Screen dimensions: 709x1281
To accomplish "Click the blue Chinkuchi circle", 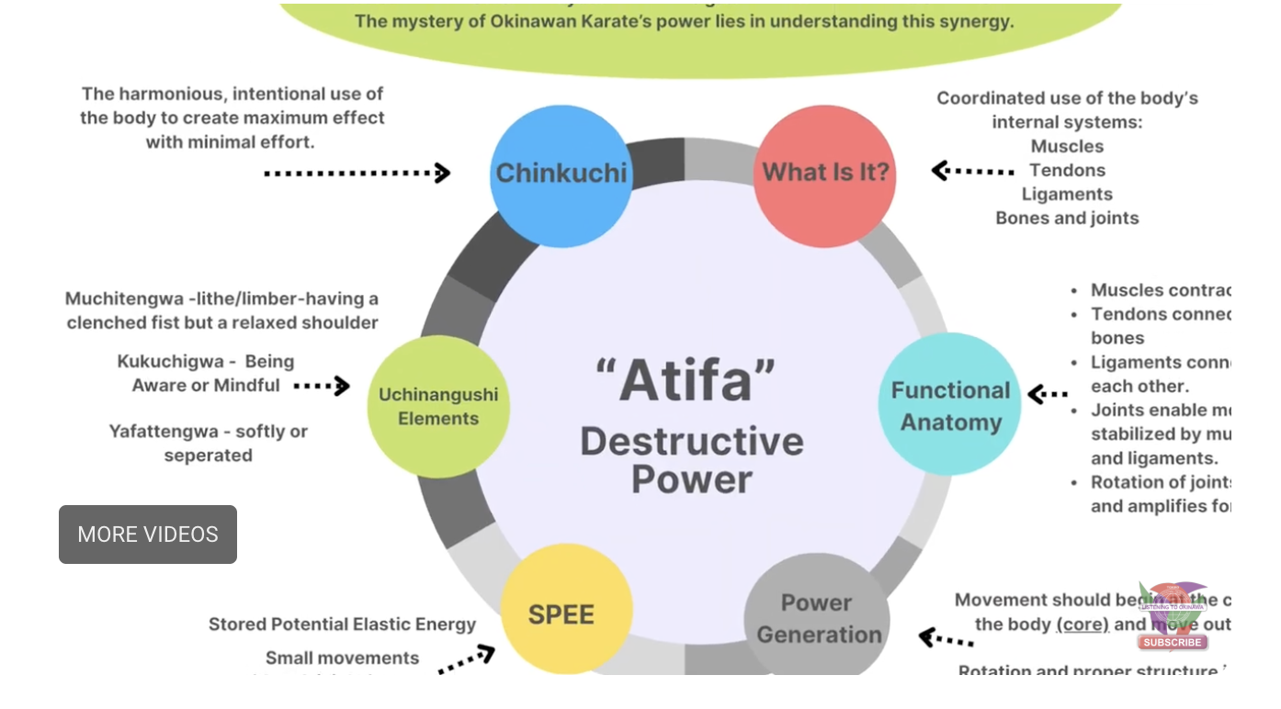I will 561,174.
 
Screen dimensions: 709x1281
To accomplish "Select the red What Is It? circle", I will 824,174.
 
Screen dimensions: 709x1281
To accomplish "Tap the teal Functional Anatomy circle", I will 950,405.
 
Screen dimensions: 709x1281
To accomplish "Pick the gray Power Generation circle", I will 817,618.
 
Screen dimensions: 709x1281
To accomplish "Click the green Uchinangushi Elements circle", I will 438,406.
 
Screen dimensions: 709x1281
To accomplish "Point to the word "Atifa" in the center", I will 686,379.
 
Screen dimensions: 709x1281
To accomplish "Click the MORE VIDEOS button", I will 148,535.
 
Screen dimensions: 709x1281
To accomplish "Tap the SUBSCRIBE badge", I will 1173,642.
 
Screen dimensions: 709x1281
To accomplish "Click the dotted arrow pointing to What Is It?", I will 972,171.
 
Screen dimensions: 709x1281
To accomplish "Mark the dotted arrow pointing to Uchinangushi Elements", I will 322,386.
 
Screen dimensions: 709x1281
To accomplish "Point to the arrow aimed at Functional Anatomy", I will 1048,395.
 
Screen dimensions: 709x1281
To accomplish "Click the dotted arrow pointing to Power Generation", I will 947,637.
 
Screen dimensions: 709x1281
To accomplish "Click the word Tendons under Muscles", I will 1067,170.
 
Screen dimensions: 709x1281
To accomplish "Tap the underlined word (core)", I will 1083,625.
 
